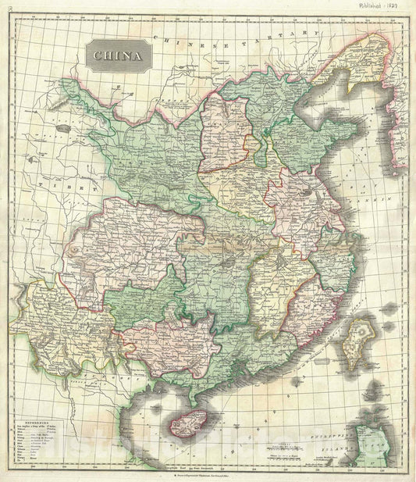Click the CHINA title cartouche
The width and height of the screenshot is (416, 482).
coord(119,55)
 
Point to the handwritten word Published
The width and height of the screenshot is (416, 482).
coord(374,5)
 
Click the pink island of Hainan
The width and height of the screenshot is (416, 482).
coord(188,423)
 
